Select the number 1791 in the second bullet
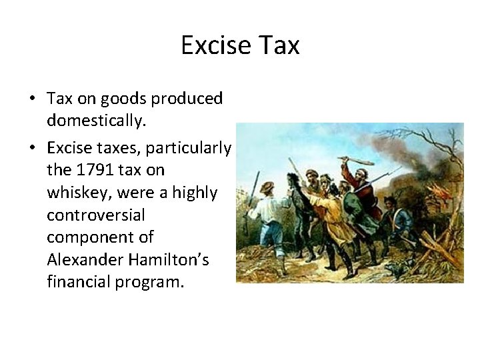pos(90,170)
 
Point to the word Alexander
pos(80,259)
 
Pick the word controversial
pos(87,215)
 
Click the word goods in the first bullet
pos(126,99)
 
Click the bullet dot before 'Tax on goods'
pos(32,99)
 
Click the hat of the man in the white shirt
pos(268,187)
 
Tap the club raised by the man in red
pos(356,163)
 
